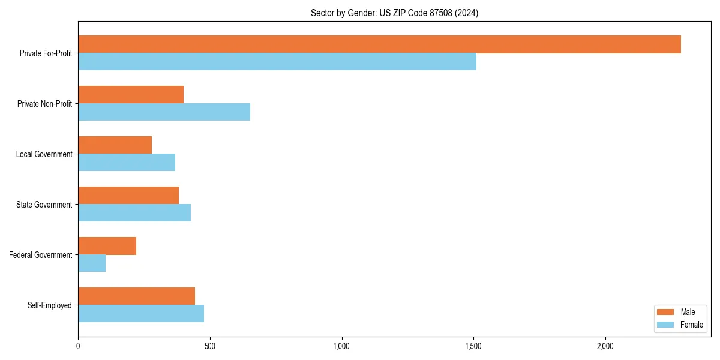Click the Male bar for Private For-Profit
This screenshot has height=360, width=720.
point(379,44)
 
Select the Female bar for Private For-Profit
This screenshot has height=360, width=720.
point(277,62)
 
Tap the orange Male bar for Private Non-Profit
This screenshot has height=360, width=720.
point(131,95)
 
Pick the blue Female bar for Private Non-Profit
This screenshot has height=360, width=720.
point(164,112)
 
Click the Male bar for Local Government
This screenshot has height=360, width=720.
point(115,145)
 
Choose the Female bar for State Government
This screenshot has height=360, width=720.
point(134,213)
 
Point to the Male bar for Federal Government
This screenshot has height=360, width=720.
point(107,246)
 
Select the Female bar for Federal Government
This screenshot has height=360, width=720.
point(92,263)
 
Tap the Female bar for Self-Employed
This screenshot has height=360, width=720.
point(141,314)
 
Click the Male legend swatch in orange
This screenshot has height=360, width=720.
point(666,312)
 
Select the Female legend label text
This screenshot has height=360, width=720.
point(691,325)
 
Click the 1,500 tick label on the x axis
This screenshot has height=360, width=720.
point(473,346)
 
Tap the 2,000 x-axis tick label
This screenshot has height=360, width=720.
point(605,346)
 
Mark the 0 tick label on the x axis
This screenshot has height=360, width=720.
point(78,346)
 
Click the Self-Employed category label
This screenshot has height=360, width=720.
point(50,305)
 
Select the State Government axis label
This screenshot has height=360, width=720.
point(44,205)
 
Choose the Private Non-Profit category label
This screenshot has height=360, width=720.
point(44,104)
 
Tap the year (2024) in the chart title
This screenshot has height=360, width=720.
point(467,13)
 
